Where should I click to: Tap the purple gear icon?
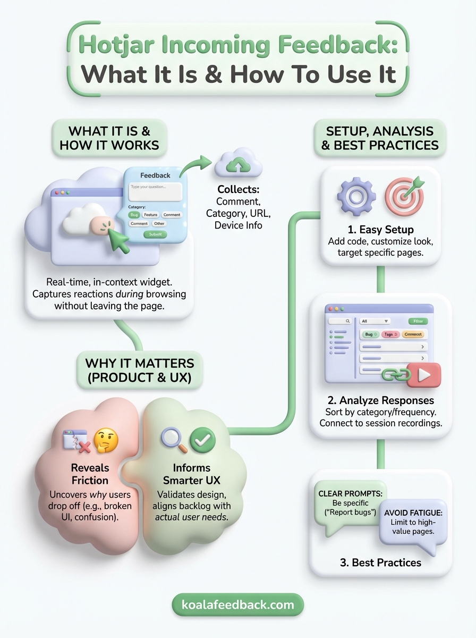pos(356,197)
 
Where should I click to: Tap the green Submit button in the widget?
pos(155,234)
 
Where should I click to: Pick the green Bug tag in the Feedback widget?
pos(134,215)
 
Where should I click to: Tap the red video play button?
pos(424,375)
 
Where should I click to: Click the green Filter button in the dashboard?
pos(418,321)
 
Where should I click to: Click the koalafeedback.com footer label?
pos(237,605)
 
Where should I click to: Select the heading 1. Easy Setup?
pos(380,230)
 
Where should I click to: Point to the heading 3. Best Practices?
pos(380,563)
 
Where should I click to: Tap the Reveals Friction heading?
pos(90,474)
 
